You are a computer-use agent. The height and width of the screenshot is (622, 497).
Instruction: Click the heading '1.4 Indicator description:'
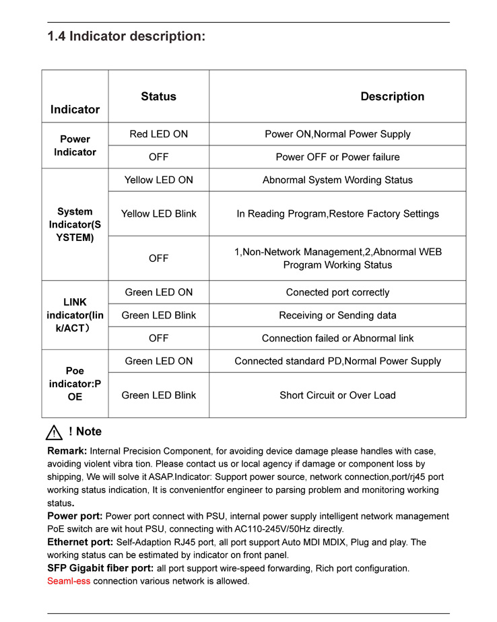click(x=126, y=36)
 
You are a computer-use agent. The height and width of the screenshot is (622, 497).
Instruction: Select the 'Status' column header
click(x=158, y=97)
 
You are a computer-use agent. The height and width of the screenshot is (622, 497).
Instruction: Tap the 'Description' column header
click(x=392, y=97)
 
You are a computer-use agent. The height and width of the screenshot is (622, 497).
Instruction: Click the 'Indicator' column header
click(x=75, y=110)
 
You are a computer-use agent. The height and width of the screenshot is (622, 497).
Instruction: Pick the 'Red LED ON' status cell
click(x=158, y=134)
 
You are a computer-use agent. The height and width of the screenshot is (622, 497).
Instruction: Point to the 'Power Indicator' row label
click(x=75, y=145)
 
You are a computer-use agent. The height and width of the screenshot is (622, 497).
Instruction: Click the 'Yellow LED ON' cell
click(x=158, y=180)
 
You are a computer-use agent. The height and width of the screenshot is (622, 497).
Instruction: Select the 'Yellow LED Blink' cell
click(x=158, y=213)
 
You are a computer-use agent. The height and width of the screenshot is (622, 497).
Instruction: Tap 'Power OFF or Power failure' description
click(x=337, y=157)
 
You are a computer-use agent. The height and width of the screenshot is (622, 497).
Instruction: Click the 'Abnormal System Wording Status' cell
click(x=337, y=180)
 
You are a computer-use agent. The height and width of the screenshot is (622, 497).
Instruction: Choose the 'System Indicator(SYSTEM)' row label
click(x=75, y=224)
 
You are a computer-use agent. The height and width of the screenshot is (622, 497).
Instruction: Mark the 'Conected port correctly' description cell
click(x=337, y=292)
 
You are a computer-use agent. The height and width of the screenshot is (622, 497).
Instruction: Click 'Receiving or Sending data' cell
click(x=337, y=315)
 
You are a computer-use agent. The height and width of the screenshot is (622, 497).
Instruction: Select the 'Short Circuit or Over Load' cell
click(x=337, y=395)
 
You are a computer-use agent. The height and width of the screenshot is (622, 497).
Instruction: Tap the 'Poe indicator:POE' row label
click(x=75, y=384)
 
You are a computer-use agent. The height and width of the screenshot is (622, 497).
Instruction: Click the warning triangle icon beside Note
click(x=54, y=433)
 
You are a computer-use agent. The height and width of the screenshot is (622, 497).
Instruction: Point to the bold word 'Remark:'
click(x=67, y=451)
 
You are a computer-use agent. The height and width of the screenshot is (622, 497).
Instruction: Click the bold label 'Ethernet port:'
click(x=80, y=542)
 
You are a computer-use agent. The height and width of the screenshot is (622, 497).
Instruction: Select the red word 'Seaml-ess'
click(x=68, y=581)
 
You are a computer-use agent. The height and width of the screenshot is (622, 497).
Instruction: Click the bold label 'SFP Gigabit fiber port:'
click(x=100, y=568)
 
